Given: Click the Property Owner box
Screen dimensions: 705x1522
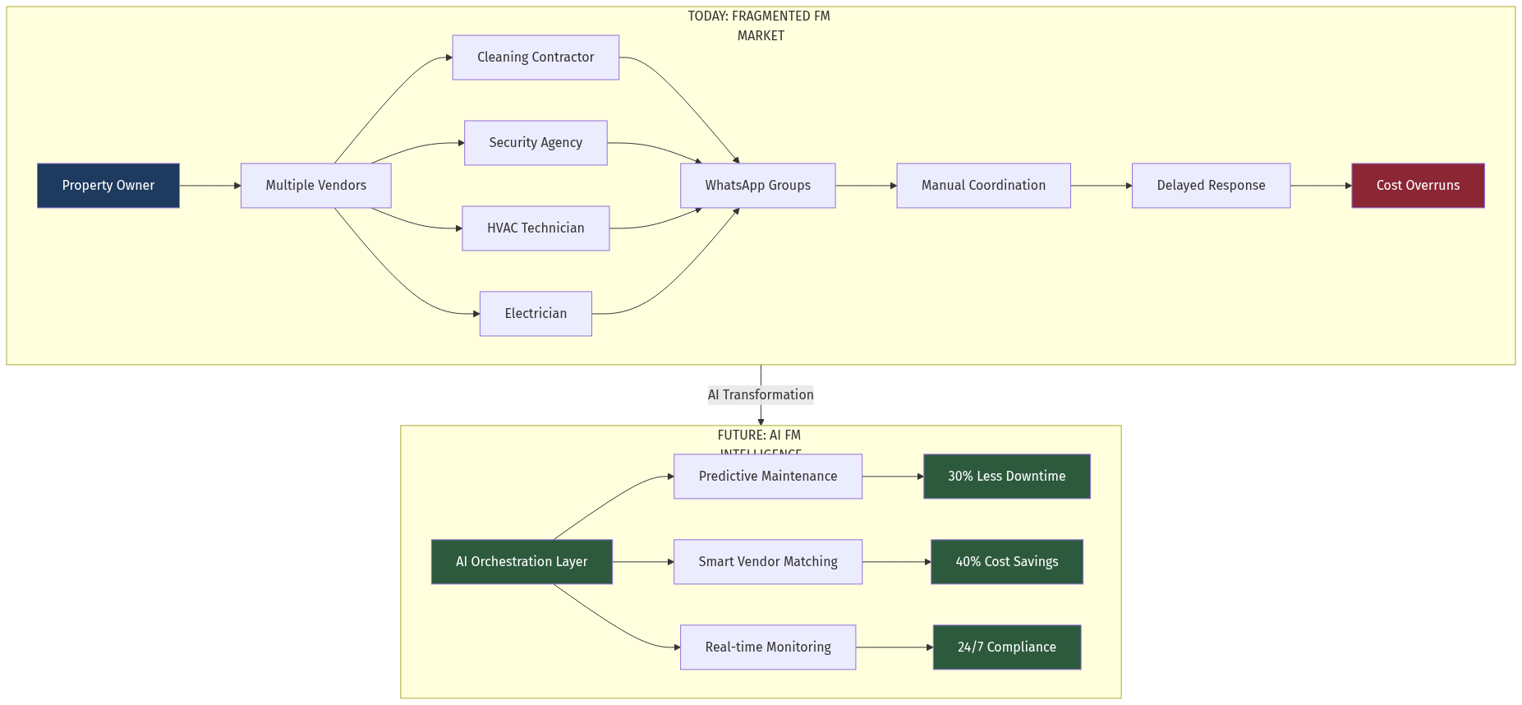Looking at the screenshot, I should click(x=108, y=186).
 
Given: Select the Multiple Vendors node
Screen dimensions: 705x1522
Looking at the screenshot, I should click(x=315, y=186).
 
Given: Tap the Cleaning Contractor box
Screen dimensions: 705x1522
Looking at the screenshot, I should click(x=536, y=58).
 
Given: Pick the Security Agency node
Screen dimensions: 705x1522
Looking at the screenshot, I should click(x=536, y=143).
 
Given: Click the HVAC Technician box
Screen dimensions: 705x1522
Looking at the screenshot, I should click(x=536, y=228).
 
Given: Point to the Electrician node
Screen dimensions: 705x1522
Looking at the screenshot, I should click(x=536, y=314).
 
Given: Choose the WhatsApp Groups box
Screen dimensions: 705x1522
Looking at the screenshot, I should click(x=757, y=186).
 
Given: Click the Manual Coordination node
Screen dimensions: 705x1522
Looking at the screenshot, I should click(x=983, y=186).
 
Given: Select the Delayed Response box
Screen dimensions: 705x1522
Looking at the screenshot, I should click(x=1211, y=186).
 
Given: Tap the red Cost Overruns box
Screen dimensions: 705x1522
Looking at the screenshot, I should click(x=1418, y=186).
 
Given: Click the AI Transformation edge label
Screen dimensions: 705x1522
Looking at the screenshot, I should click(x=761, y=395).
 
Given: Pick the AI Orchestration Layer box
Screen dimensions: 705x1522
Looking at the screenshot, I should click(x=522, y=562).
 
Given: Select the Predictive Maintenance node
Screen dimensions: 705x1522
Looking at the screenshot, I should click(x=768, y=477).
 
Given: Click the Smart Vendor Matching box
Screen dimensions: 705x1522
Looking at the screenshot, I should click(x=768, y=562).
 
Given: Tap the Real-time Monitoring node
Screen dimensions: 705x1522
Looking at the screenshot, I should click(x=768, y=647).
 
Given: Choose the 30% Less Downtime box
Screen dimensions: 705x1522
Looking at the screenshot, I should click(x=1006, y=477).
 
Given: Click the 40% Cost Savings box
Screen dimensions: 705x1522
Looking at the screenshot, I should click(x=1006, y=562).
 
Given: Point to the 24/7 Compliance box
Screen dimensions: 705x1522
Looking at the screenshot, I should click(x=1006, y=647).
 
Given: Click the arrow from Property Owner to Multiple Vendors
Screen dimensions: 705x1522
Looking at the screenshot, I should click(x=209, y=186).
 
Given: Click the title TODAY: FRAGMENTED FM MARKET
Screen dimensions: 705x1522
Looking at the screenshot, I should click(x=760, y=25).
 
